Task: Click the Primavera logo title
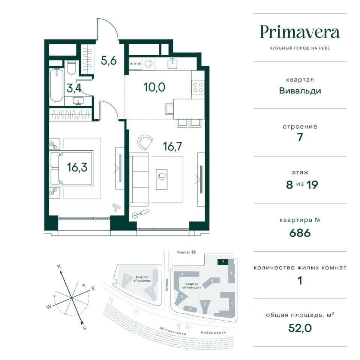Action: pyautogui.click(x=300, y=32)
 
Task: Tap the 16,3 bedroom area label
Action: pyautogui.click(x=77, y=167)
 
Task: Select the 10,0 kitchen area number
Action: pyautogui.click(x=154, y=87)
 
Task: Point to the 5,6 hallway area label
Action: pyautogui.click(x=109, y=61)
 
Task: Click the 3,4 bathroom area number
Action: pyautogui.click(x=74, y=88)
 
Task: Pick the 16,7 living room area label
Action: pyautogui.click(x=172, y=146)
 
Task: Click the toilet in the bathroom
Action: pyautogui.click(x=71, y=67)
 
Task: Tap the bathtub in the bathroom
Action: pyautogui.click(x=57, y=85)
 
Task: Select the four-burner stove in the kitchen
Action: pyautogui.click(x=198, y=87)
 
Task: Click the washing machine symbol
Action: pyautogui.click(x=148, y=64)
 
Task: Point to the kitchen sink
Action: pyautogui.click(x=172, y=63)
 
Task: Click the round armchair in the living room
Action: pyautogui.click(x=145, y=142)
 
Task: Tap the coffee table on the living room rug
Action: pyautogui.click(x=162, y=179)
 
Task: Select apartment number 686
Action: pyautogui.click(x=300, y=233)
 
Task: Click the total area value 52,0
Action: pyautogui.click(x=300, y=328)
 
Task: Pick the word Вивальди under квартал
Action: pyautogui.click(x=300, y=91)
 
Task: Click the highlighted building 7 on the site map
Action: pyautogui.click(x=223, y=262)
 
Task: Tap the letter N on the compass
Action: pyautogui.click(x=59, y=267)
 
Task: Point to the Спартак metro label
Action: pyautogui.click(x=183, y=252)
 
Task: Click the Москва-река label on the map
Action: pyautogui.click(x=173, y=331)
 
